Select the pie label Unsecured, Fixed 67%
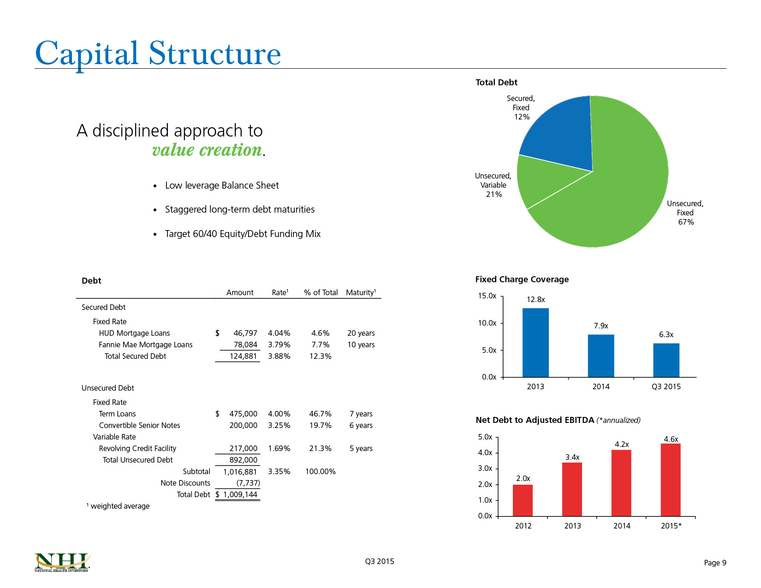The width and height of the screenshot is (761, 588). (x=685, y=213)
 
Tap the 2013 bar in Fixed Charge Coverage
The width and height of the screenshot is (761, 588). (x=535, y=343)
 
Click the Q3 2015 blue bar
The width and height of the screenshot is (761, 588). (x=666, y=360)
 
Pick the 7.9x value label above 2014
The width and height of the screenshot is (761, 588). (x=601, y=326)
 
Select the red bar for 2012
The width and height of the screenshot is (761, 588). (x=523, y=500)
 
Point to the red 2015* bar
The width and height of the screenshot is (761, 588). (x=671, y=480)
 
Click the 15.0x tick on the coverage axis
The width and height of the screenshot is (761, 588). (x=487, y=296)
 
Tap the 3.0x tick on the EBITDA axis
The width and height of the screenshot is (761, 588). (x=485, y=468)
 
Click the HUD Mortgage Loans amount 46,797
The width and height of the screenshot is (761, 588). (x=245, y=333)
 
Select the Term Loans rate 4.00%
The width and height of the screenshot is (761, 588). (x=279, y=414)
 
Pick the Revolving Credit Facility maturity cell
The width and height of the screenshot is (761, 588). (x=361, y=448)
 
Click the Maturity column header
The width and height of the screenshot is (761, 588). (x=361, y=292)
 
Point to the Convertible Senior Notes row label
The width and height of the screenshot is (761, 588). (x=139, y=425)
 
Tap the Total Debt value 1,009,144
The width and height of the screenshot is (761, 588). (x=240, y=494)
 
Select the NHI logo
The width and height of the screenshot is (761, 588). (x=62, y=562)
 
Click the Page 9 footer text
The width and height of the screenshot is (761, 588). (x=715, y=563)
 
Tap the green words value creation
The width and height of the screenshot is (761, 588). (x=207, y=150)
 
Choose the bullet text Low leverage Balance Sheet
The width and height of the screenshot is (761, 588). (x=222, y=185)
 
